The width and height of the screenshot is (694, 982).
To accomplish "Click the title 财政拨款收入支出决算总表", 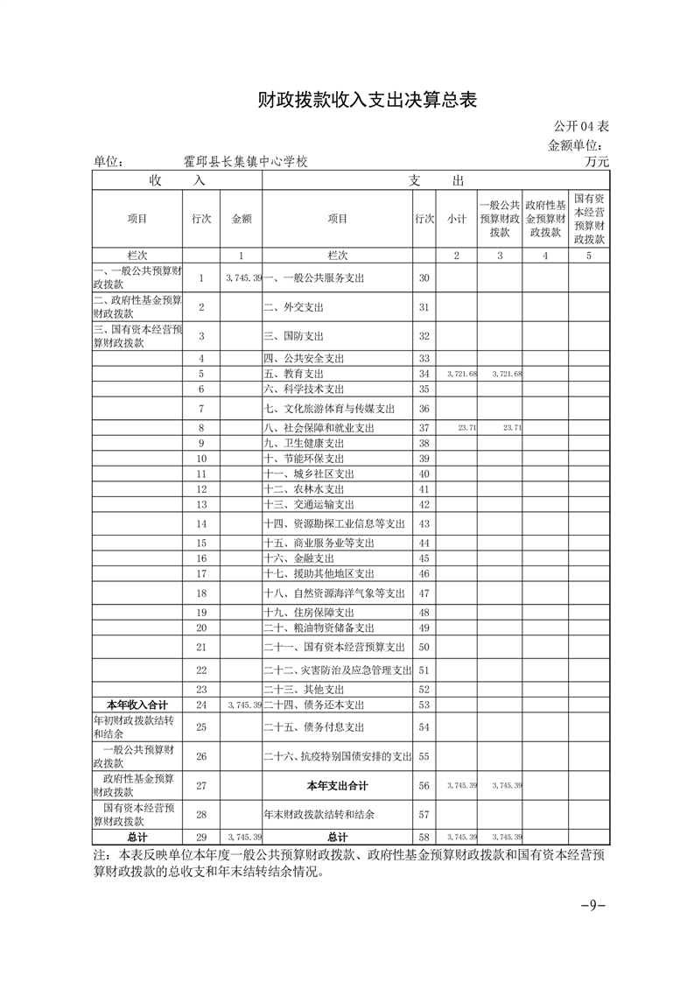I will click(367, 101).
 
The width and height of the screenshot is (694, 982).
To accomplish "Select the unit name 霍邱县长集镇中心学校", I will click(246, 162).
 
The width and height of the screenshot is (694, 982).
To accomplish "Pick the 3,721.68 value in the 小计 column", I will click(460, 374).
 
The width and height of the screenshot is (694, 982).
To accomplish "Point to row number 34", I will click(424, 374).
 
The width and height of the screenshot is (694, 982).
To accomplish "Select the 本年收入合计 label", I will click(137, 704).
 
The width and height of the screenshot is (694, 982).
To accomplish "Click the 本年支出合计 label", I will click(337, 785).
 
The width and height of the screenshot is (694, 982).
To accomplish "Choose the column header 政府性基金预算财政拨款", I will click(545, 219).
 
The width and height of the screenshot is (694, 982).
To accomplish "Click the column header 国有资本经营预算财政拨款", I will click(590, 219).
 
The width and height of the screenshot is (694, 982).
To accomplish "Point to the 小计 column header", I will click(456, 219).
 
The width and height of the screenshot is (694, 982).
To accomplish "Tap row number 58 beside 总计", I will click(424, 838).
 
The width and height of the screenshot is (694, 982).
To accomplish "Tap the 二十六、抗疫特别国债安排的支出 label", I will click(337, 755).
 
